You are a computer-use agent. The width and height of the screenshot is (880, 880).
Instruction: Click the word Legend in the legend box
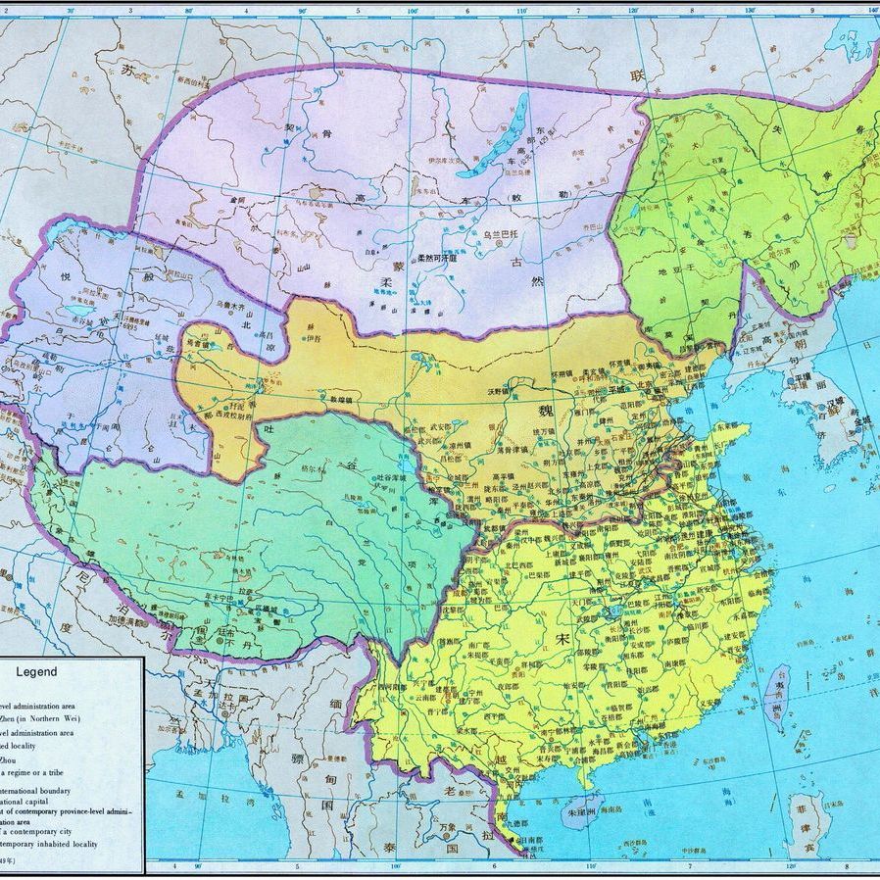pos(36,672)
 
